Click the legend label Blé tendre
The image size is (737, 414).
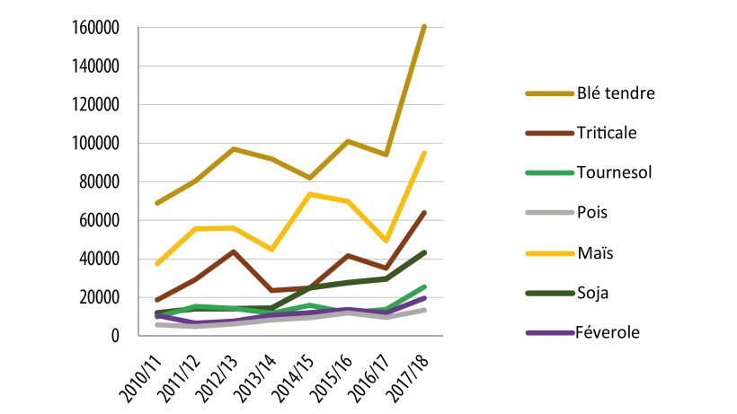tap(616, 92)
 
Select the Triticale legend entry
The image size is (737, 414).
tap(607, 132)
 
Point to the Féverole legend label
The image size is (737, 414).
tap(608, 331)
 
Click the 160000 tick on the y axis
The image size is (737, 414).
tap(94, 28)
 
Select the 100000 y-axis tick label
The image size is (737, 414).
tap(94, 144)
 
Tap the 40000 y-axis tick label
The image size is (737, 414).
tap(98, 260)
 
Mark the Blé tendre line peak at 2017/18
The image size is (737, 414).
tap(424, 27)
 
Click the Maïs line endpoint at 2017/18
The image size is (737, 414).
tap(424, 153)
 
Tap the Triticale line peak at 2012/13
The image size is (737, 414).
tap(233, 251)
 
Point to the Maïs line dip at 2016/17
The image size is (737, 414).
tap(385, 241)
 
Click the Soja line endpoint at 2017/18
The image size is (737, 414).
tap(424, 252)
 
